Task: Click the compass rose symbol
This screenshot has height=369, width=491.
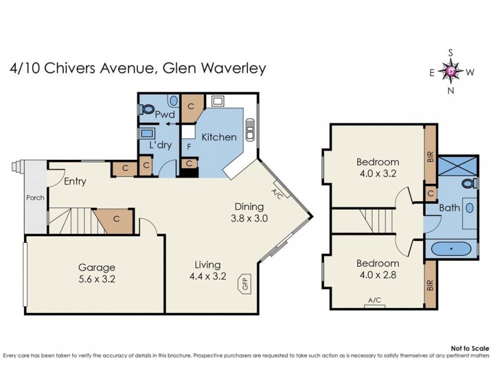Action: click(x=452, y=72)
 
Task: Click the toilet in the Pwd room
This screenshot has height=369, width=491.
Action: click(x=147, y=109)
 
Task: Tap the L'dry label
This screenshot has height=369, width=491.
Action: click(x=160, y=145)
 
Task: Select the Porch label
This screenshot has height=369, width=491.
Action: click(x=35, y=199)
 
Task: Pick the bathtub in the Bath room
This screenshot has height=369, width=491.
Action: click(x=451, y=249)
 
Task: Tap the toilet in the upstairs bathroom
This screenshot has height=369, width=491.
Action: click(x=470, y=183)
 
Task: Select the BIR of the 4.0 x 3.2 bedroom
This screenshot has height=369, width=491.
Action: click(x=430, y=156)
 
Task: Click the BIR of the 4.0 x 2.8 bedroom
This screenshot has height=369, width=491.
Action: click(x=430, y=285)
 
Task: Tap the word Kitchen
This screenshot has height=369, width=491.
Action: click(x=218, y=137)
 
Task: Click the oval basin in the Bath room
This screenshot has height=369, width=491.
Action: click(x=470, y=208)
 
